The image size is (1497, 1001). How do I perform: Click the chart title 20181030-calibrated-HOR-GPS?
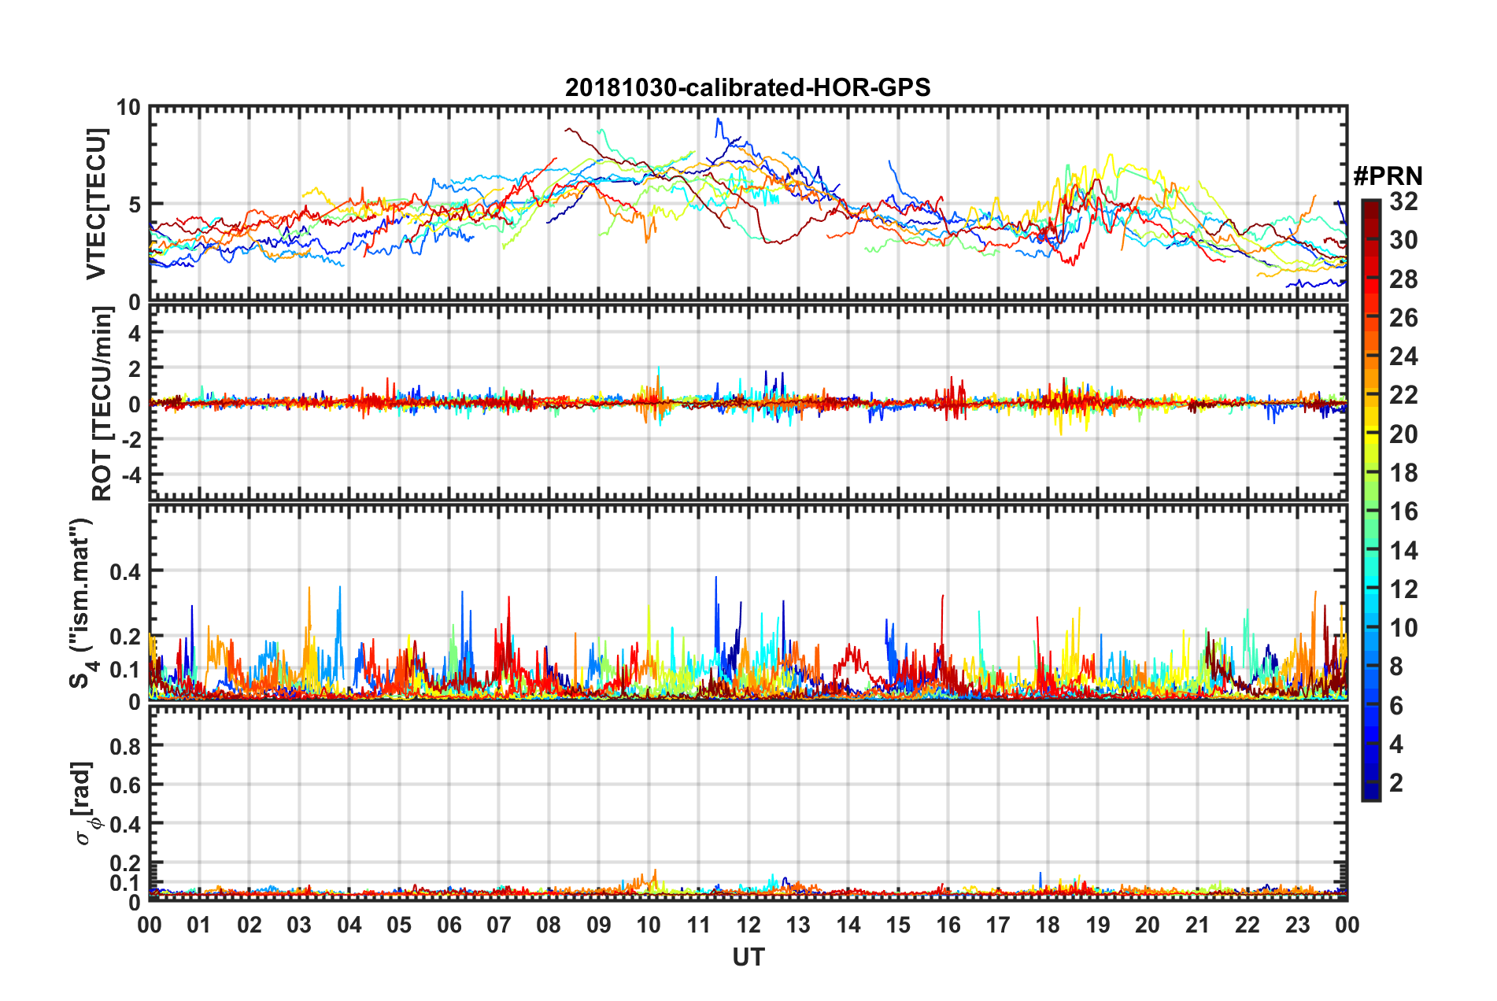[748, 87]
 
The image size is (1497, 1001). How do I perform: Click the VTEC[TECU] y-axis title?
[96, 204]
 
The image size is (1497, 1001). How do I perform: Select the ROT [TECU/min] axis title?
[102, 404]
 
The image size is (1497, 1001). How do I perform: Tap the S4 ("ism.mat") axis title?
[82, 603]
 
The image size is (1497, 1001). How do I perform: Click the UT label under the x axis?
[748, 957]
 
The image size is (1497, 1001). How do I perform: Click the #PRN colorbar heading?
[1388, 176]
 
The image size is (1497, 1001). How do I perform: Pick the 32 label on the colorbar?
[1403, 201]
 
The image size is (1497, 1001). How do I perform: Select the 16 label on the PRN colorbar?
[1403, 512]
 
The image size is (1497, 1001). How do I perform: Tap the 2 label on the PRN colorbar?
[1396, 782]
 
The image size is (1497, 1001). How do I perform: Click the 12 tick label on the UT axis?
[748, 925]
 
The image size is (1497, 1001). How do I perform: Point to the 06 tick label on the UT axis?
[449, 925]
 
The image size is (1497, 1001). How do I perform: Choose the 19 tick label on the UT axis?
[1097, 925]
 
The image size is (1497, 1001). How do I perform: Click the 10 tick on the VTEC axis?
[128, 108]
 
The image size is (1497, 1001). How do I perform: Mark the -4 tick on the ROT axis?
[129, 475]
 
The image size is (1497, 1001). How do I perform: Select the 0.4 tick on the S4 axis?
[125, 571]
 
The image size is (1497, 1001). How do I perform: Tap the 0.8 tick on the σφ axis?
[125, 746]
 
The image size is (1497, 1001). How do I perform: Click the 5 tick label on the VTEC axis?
[134, 205]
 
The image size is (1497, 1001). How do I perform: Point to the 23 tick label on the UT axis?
[1297, 925]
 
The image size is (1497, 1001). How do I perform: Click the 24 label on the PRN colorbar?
[1403, 356]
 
